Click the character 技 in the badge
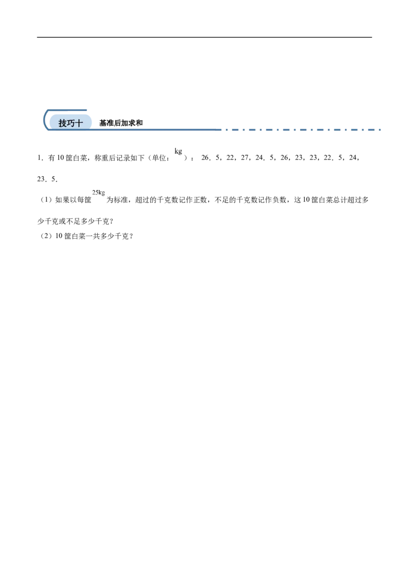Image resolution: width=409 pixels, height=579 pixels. point(63,123)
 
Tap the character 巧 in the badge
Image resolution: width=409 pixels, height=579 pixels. point(71,123)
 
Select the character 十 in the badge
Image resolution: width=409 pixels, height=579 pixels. point(79,123)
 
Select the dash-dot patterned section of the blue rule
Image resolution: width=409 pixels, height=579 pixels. point(307,129)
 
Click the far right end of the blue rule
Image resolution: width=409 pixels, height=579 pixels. point(383,129)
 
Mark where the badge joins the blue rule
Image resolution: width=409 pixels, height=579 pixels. point(94,128)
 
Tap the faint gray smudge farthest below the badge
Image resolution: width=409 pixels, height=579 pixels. point(98,194)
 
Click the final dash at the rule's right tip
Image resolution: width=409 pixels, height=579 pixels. point(381,129)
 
